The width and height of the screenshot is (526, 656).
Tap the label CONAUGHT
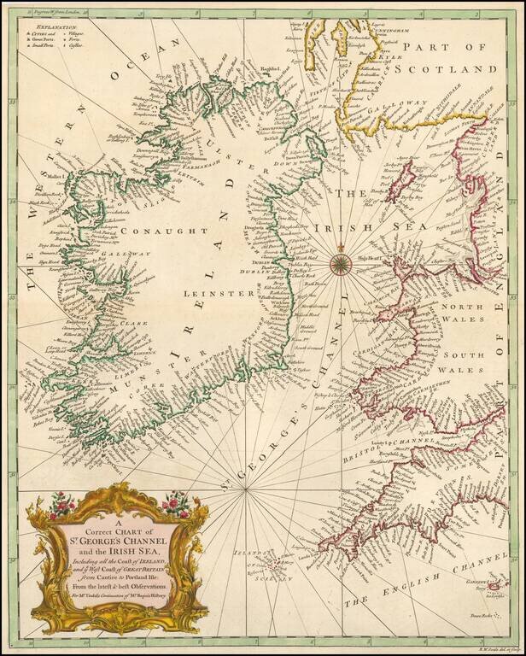click(x=164, y=231)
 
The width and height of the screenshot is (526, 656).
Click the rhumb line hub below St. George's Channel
click(x=246, y=489)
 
